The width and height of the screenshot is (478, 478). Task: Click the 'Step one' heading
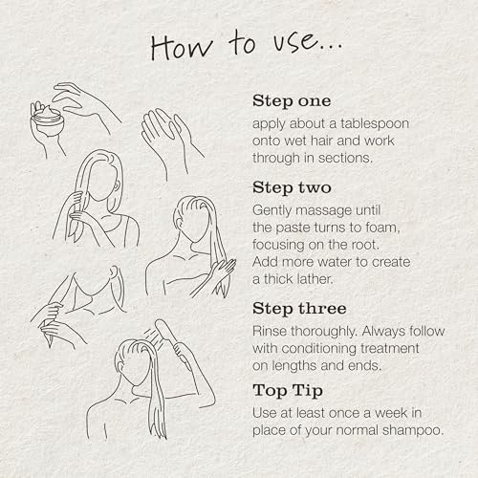292,101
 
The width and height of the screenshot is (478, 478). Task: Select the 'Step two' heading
292,187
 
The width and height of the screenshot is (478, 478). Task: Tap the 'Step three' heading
299,309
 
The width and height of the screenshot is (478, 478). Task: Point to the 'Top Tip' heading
288,391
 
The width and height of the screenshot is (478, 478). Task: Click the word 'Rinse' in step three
270,331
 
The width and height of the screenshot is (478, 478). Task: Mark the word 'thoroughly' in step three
323,332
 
